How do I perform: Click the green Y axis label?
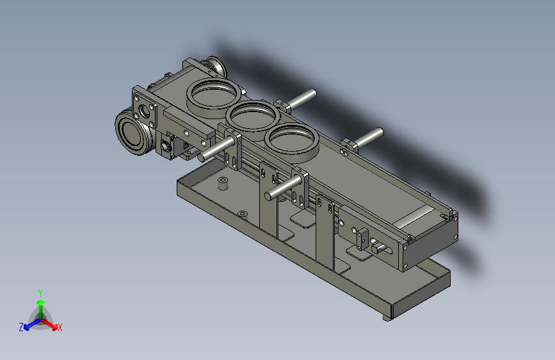click(x=40, y=293)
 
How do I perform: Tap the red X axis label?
click(x=60, y=327)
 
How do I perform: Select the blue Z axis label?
click(x=21, y=327)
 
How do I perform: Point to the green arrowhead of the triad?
click(x=41, y=303)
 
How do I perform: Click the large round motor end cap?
click(x=132, y=132)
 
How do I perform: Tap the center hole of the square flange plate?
click(x=145, y=111)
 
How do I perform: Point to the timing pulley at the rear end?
click(x=214, y=66)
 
